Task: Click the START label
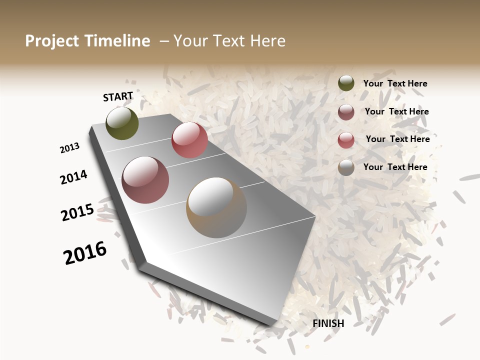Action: pyautogui.click(x=118, y=97)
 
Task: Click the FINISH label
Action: pyautogui.click(x=328, y=323)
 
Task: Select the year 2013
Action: pyautogui.click(x=70, y=148)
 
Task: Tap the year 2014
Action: pyautogui.click(x=74, y=177)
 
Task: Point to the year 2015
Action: pyautogui.click(x=77, y=212)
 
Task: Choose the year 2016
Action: pyautogui.click(x=85, y=253)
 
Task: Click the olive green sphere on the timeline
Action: pyautogui.click(x=122, y=123)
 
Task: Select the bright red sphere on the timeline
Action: pyautogui.click(x=189, y=140)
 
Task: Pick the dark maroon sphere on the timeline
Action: pyautogui.click(x=145, y=180)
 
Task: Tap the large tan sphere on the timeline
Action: pyautogui.click(x=216, y=207)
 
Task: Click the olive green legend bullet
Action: pyautogui.click(x=346, y=83)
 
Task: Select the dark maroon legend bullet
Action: pyautogui.click(x=346, y=112)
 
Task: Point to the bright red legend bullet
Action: pyautogui.click(x=346, y=140)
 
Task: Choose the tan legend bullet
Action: pyautogui.click(x=346, y=168)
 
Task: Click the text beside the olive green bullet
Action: pyautogui.click(x=395, y=84)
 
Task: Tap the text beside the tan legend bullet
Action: pyautogui.click(x=395, y=167)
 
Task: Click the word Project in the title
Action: pyautogui.click(x=52, y=41)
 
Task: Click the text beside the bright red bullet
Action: pyautogui.click(x=397, y=139)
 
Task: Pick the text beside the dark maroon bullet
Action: pyautogui.click(x=396, y=111)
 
